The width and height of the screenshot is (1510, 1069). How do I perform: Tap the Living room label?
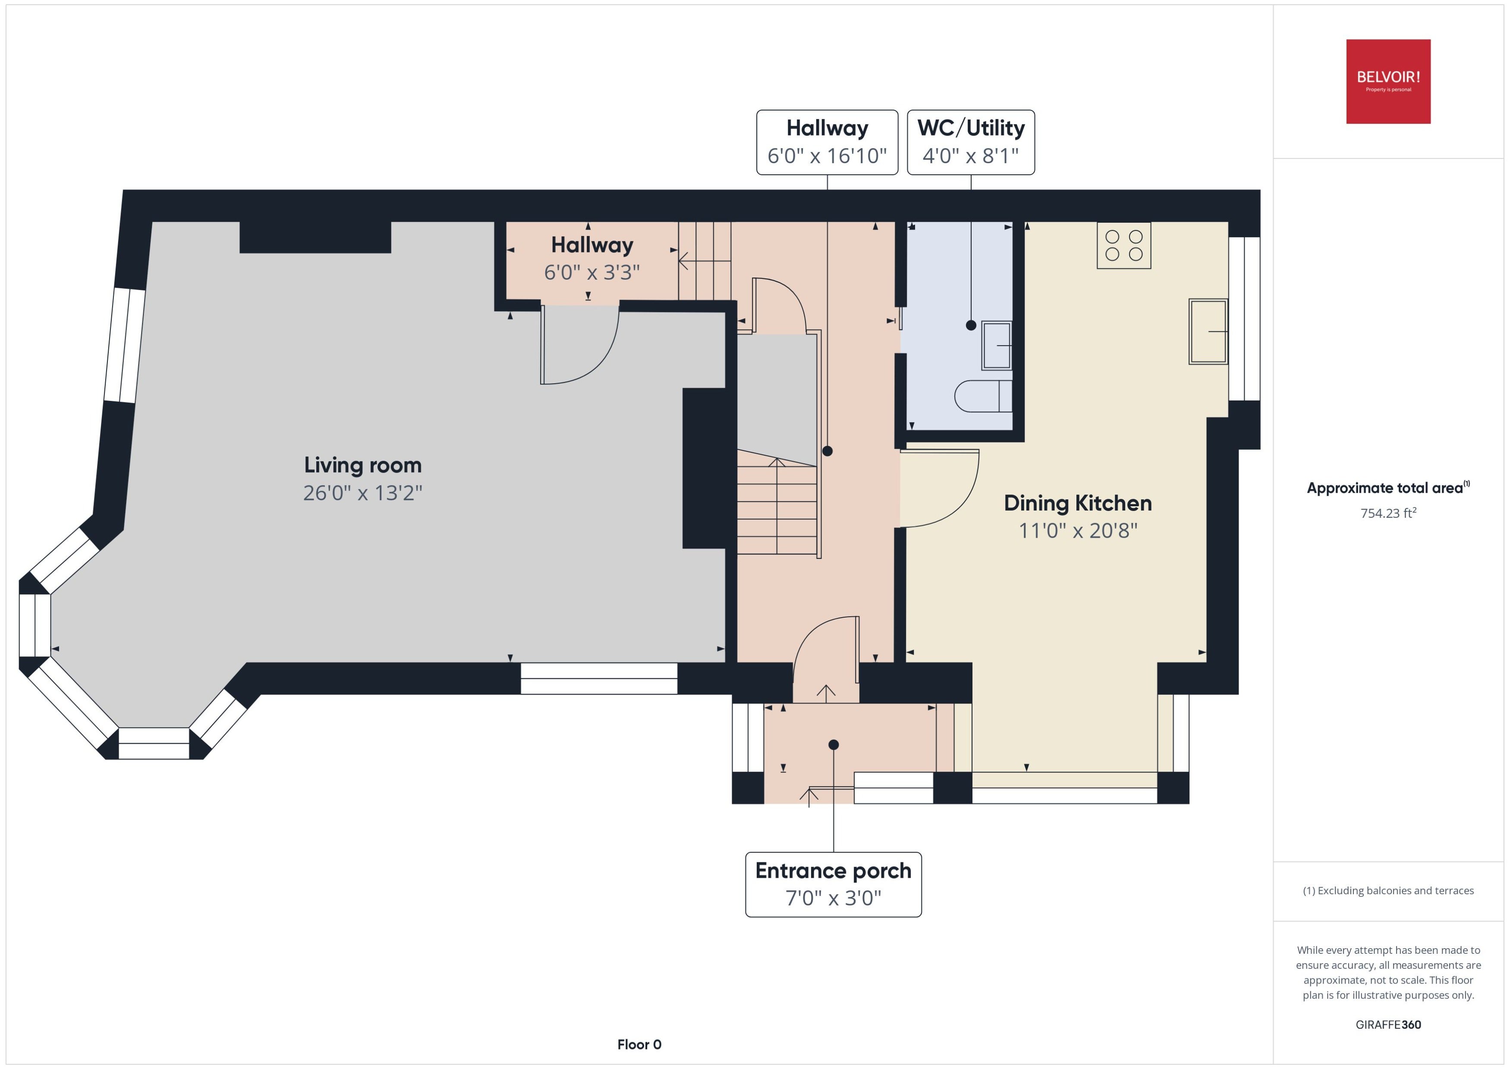[x=362, y=465]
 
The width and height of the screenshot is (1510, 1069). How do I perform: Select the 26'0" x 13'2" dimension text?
[x=362, y=493]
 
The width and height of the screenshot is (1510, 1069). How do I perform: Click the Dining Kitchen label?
[x=1078, y=504]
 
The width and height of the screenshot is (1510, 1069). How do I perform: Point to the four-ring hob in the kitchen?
[x=1124, y=246]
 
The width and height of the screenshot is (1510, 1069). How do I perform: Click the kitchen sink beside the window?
[x=1208, y=332]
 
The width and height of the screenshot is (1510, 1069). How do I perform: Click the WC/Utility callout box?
[x=970, y=142]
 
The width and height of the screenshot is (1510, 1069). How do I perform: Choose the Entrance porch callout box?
[x=833, y=884]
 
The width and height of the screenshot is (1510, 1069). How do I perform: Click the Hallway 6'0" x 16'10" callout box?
[x=827, y=142]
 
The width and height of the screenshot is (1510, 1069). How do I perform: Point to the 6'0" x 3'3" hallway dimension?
[x=591, y=272]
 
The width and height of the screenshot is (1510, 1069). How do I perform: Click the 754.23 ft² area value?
[x=1388, y=513]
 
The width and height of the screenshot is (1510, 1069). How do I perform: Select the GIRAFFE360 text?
[x=1388, y=1025]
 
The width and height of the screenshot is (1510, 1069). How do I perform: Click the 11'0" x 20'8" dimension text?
[x=1078, y=530]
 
